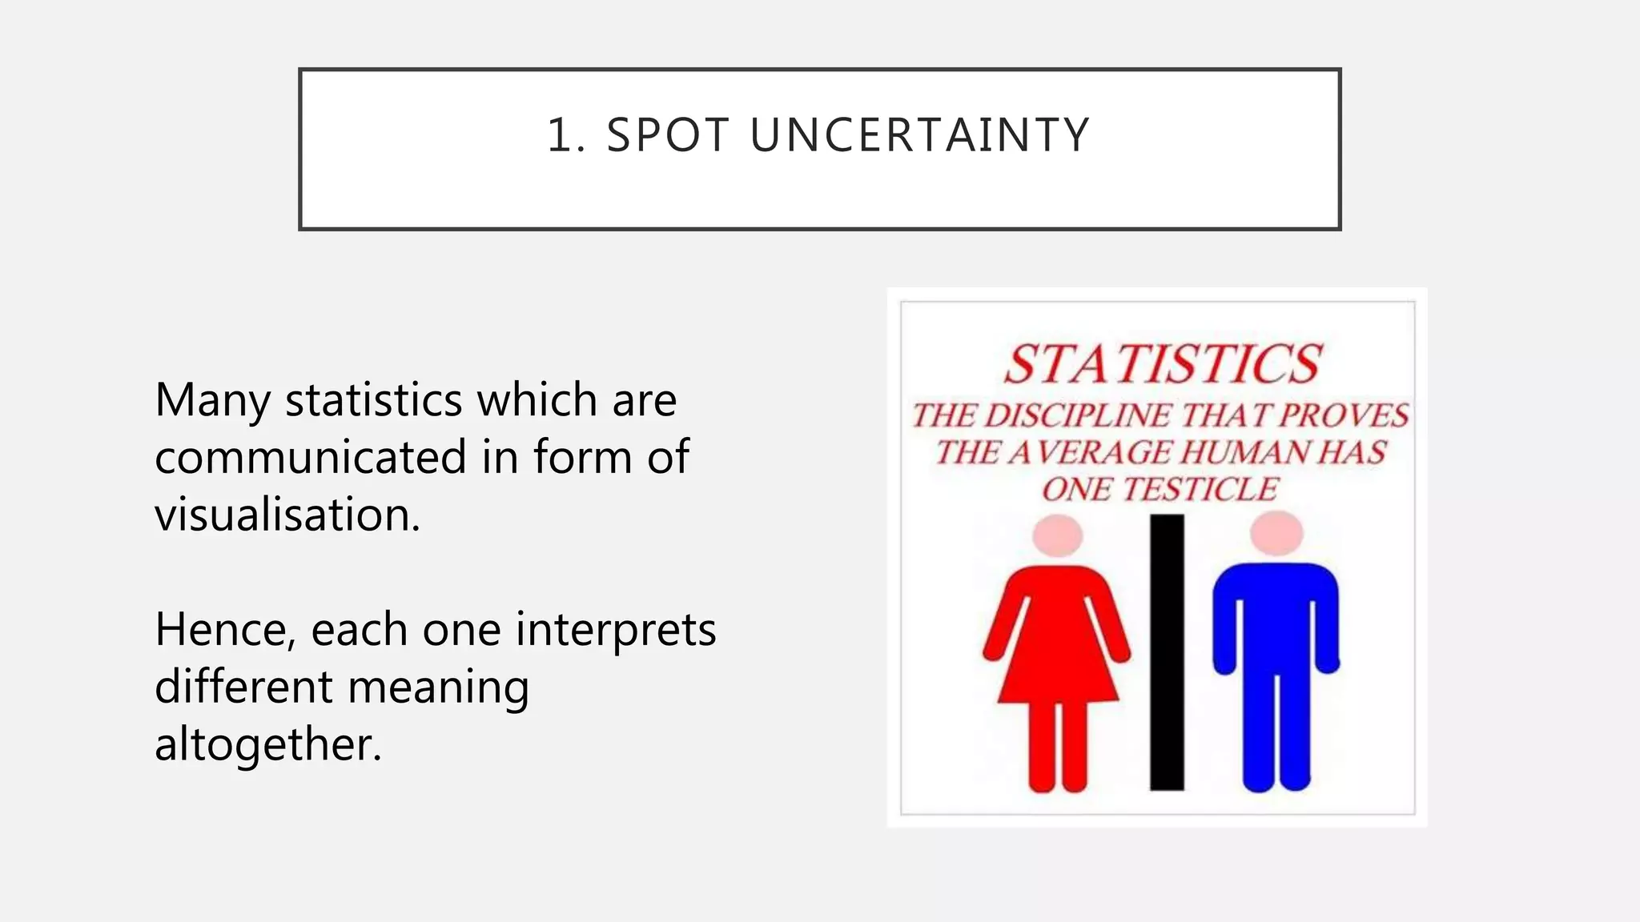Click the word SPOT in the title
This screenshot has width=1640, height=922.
pos(668,134)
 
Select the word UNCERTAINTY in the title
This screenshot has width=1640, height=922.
pos(920,134)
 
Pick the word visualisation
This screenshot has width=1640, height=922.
pos(287,514)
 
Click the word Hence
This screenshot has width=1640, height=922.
pos(225,629)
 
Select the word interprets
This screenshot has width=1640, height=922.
pos(615,629)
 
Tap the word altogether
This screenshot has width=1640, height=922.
pos(267,744)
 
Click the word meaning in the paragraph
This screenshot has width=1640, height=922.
pos(438,687)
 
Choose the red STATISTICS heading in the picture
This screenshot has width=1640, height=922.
pos(1162,364)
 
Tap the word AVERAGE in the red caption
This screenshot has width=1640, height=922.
pos(1089,452)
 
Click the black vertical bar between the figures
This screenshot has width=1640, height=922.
pos(1167,651)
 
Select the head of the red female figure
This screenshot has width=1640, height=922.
pos(1057,535)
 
